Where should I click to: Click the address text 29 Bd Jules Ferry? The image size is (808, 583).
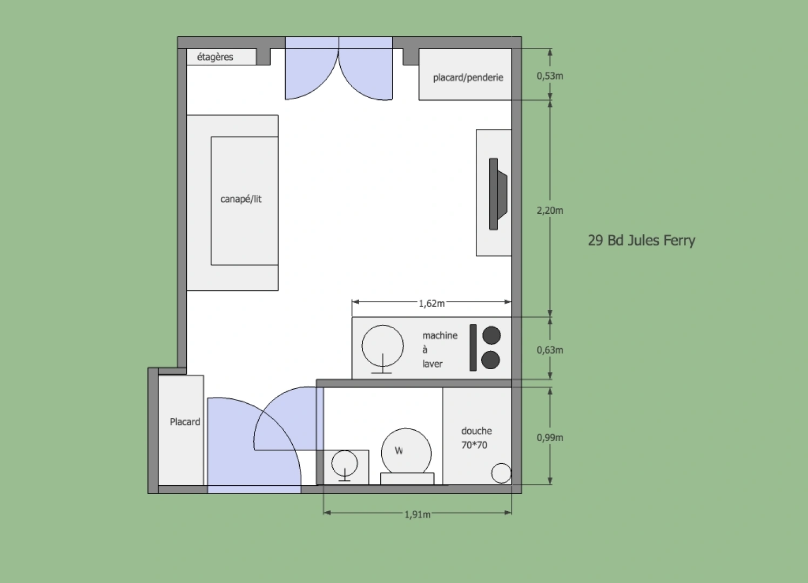[x=641, y=240]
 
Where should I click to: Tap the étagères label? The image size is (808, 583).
[x=215, y=57]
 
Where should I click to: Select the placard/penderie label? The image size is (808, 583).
[x=468, y=77]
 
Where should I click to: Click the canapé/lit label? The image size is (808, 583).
[x=241, y=199]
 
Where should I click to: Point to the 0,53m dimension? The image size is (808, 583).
[x=550, y=76]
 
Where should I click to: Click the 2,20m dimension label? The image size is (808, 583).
[x=550, y=211]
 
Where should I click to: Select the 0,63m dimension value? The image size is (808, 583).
[x=550, y=350]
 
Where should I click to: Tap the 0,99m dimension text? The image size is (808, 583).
[x=550, y=437]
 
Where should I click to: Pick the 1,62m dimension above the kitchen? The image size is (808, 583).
[x=432, y=303]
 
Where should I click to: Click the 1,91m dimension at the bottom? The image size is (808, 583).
[x=418, y=514]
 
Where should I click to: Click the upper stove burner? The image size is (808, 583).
[x=491, y=335]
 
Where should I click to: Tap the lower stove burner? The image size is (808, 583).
[x=490, y=360]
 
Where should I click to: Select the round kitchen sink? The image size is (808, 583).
[x=382, y=346]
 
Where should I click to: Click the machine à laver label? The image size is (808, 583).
[x=439, y=349]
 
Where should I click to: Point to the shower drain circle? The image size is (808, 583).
[x=501, y=473]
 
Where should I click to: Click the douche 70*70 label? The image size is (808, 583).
[x=476, y=438]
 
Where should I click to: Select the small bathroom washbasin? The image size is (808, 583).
[x=345, y=464]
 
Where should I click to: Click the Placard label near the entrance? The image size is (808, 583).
[x=185, y=422]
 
